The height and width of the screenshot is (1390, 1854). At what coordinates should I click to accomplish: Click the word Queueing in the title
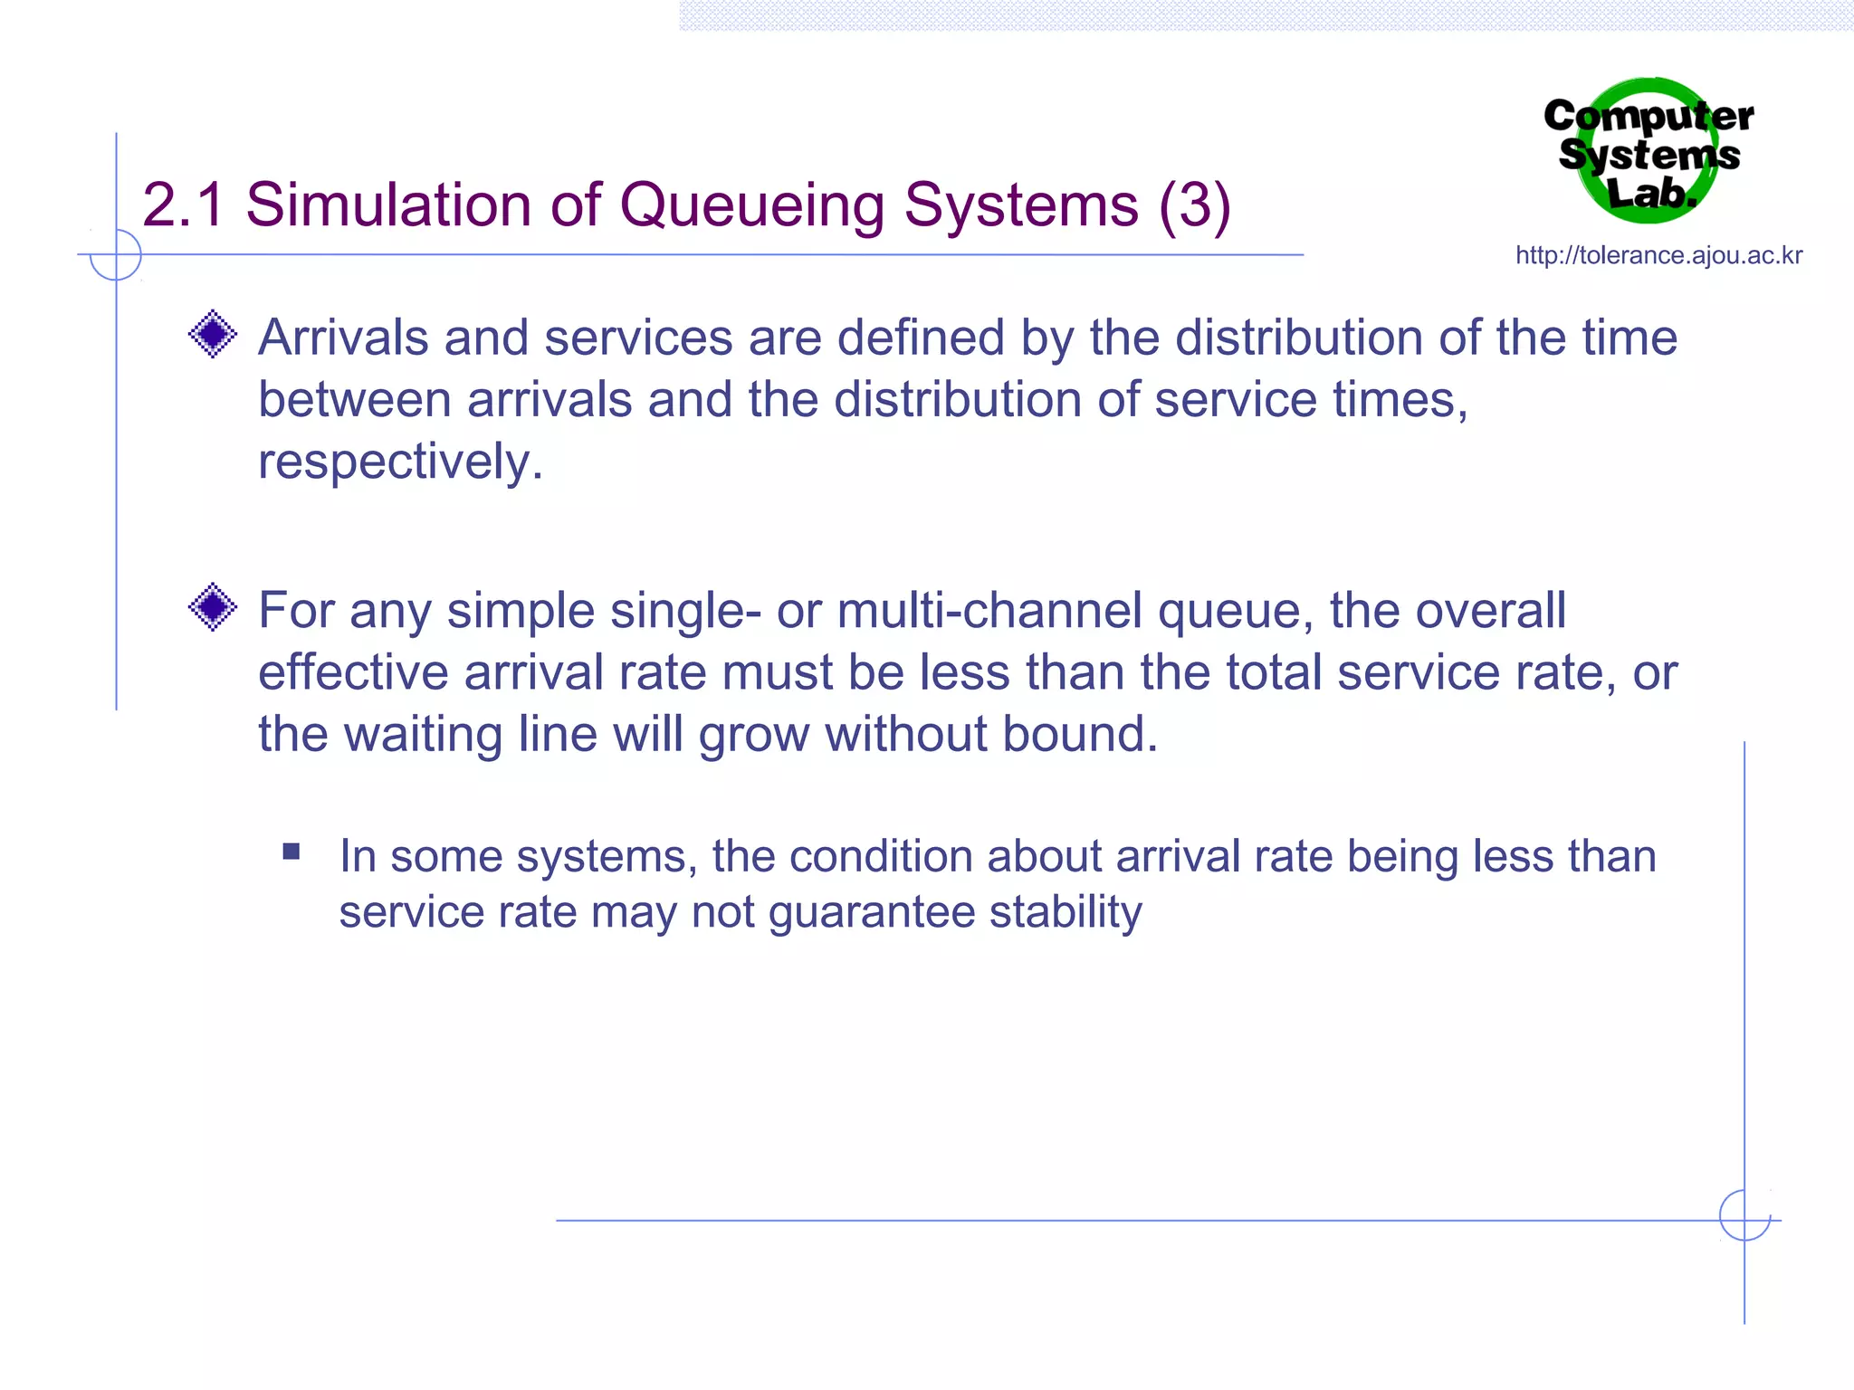point(751,205)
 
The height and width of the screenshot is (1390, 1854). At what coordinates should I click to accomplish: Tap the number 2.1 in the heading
point(183,205)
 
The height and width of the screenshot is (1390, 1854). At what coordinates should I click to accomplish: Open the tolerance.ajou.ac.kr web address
point(1658,255)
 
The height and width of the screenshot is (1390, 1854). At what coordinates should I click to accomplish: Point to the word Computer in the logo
point(1648,117)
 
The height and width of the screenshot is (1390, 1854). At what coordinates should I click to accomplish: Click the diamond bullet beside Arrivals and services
point(213,334)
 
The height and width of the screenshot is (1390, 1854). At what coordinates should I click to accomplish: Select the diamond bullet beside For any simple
point(213,606)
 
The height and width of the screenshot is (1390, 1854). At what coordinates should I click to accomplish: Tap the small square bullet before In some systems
point(291,851)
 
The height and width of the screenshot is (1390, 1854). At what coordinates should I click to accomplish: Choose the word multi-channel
point(989,611)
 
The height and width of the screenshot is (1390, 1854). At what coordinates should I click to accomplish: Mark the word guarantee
point(872,913)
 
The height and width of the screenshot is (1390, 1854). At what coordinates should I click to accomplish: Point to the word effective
point(354,672)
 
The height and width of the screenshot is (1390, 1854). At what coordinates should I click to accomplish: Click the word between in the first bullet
point(354,399)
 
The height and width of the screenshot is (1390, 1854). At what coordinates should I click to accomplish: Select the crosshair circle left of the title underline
point(116,255)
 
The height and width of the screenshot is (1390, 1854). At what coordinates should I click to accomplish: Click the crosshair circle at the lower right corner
point(1744,1214)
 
